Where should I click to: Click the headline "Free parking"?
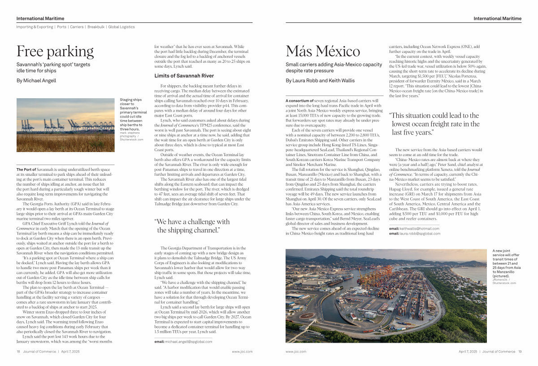point(55,52)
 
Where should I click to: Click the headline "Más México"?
point(323,52)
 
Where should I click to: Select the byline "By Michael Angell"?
point(36,81)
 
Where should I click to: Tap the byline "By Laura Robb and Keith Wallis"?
point(320,81)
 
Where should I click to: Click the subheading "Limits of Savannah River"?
point(184,76)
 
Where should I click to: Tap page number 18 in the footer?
point(18,352)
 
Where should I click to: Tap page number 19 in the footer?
point(520,352)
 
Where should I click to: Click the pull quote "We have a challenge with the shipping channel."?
point(192,226)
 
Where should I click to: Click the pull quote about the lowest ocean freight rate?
point(434,123)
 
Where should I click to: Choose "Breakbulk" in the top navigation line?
point(96,27)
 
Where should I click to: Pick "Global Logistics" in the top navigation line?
point(121,27)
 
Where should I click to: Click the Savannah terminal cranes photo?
point(65,125)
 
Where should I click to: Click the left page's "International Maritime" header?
point(40,18)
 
